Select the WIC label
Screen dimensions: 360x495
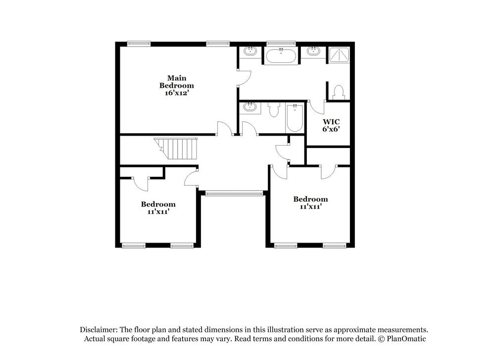tap(331, 121)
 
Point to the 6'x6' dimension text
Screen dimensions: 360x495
tap(331, 129)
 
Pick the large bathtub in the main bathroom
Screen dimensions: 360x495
tap(282, 55)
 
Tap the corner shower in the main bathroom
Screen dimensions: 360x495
tap(339, 54)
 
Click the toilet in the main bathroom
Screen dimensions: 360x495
tap(339, 93)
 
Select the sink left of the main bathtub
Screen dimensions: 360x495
tap(250, 51)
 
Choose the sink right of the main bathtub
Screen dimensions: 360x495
tap(313, 51)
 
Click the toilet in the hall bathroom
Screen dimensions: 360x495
tap(274, 109)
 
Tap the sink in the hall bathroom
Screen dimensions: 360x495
tap(250, 107)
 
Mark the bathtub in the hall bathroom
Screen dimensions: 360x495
tap(295, 117)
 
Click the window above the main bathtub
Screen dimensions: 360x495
tap(281, 44)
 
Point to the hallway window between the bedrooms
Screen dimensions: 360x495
tap(234, 194)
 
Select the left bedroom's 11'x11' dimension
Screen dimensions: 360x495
tap(158, 211)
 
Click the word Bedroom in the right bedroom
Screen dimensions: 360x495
tap(310, 199)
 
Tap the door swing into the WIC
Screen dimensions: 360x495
tap(317, 106)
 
